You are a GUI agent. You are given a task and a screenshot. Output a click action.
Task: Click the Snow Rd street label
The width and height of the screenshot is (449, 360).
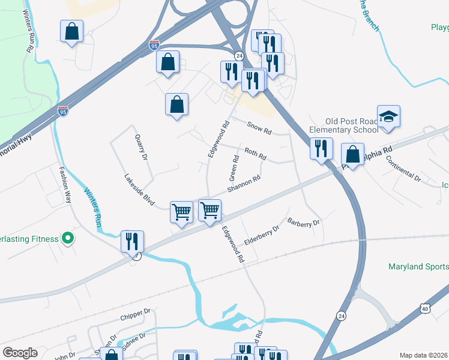[259, 127]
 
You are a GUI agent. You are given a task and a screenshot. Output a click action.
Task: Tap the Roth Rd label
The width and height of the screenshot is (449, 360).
[255, 153]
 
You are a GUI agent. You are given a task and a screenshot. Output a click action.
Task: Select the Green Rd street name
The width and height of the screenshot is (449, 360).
[234, 168]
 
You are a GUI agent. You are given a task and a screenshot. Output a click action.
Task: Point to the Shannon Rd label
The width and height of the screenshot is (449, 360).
[244, 184]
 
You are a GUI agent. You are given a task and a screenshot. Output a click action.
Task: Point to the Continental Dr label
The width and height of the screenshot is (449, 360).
[403, 168]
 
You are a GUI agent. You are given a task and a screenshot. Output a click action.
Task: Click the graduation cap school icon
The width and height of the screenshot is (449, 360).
[388, 117]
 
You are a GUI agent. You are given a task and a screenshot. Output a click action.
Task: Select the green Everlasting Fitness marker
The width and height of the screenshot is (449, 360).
[68, 239]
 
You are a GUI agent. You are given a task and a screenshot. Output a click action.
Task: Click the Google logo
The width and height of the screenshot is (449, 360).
[20, 352]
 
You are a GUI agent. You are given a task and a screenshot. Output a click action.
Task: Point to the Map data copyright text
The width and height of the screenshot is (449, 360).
[424, 355]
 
